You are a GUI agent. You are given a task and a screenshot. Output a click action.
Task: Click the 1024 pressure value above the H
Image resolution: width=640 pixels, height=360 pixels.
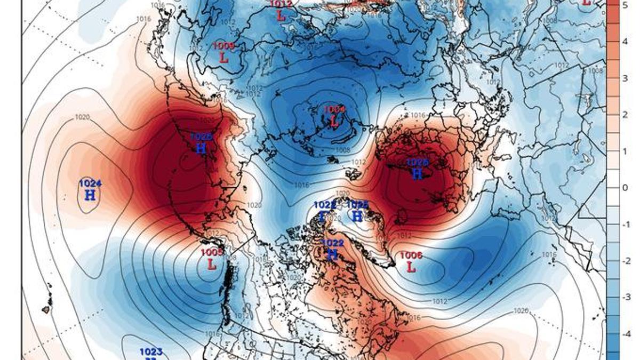click(x=90, y=183)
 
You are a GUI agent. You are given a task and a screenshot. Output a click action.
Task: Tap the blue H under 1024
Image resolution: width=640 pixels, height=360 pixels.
click(x=90, y=195)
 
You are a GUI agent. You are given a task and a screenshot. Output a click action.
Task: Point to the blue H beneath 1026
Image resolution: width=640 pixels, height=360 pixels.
click(x=418, y=174)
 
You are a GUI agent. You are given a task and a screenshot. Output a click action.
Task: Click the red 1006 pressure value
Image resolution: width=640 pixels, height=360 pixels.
click(x=411, y=255)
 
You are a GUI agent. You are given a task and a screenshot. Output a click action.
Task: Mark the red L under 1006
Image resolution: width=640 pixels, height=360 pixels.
click(x=411, y=267)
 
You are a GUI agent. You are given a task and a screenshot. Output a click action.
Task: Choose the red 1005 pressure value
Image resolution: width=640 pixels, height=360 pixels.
click(x=212, y=252)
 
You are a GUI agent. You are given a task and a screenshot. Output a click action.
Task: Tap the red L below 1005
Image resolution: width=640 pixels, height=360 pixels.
click(x=212, y=264)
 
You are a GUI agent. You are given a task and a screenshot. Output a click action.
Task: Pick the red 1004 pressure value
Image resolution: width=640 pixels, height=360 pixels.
click(x=334, y=109)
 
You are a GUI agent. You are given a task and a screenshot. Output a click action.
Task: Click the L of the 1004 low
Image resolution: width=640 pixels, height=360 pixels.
click(x=334, y=122)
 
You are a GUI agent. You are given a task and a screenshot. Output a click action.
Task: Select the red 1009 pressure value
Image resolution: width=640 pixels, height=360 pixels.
click(x=223, y=46)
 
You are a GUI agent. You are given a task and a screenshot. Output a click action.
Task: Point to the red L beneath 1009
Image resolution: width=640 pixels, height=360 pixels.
click(x=224, y=58)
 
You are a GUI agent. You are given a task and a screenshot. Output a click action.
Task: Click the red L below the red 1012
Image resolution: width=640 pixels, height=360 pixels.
click(x=281, y=16)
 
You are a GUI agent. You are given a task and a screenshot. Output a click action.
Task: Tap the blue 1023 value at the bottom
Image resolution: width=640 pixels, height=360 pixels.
click(x=151, y=351)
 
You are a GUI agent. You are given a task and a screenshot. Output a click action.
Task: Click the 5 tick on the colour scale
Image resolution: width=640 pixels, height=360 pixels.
click(x=625, y=5)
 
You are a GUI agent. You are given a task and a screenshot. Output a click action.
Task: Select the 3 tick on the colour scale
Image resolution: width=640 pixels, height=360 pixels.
click(x=625, y=78)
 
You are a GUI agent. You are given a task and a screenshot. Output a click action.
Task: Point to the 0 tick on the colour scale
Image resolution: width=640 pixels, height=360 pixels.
click(x=625, y=188)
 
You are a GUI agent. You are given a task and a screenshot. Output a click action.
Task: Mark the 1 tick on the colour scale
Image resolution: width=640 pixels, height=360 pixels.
click(x=625, y=151)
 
